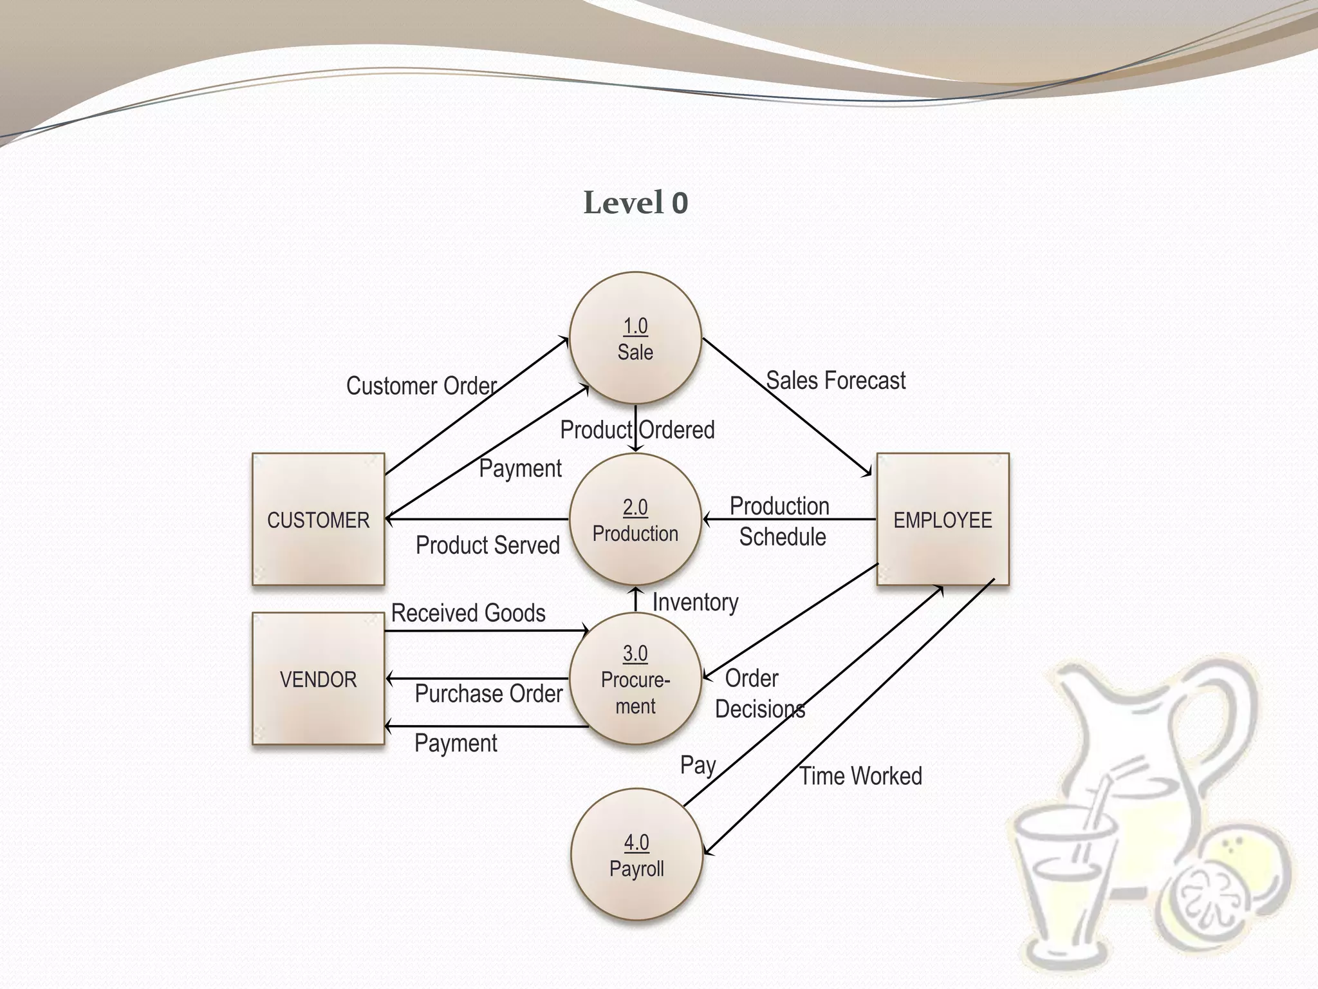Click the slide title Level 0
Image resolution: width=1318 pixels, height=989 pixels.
(x=636, y=203)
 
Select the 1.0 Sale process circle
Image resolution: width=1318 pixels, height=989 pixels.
(x=635, y=339)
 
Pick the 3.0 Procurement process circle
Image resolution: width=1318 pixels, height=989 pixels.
(x=635, y=679)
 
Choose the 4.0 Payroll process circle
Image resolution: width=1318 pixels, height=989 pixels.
(x=636, y=855)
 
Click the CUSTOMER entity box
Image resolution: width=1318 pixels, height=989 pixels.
(x=319, y=520)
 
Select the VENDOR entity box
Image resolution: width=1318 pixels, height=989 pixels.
(x=319, y=679)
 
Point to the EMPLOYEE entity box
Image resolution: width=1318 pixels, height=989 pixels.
(x=943, y=520)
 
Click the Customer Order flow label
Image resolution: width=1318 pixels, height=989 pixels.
(x=422, y=386)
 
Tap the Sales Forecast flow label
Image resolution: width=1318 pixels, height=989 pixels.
(x=835, y=381)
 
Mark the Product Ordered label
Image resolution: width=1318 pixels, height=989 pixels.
(x=637, y=429)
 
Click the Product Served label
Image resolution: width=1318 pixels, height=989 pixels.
(x=488, y=545)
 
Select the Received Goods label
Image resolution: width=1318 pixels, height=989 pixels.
(x=468, y=613)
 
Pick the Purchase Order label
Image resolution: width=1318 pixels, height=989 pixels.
(x=488, y=693)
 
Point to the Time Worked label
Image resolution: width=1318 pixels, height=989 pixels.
(x=860, y=776)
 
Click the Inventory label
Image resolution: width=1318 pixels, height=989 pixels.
(x=695, y=602)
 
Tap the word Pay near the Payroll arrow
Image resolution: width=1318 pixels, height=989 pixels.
(x=698, y=765)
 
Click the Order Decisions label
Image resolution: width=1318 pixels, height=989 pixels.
(x=759, y=693)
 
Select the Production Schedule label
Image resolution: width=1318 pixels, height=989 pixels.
(x=780, y=522)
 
